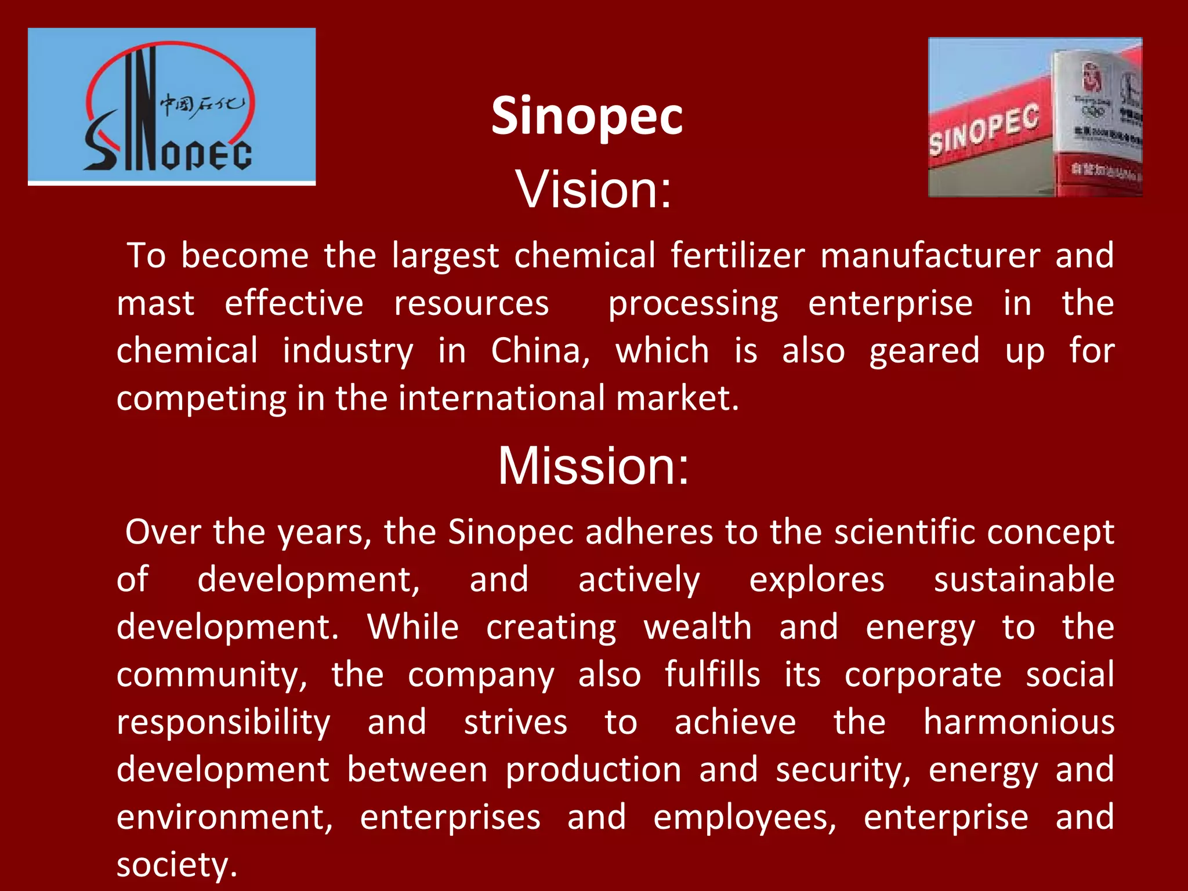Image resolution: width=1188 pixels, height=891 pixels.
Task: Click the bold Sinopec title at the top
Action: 586,116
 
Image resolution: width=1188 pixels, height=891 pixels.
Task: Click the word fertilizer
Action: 738,255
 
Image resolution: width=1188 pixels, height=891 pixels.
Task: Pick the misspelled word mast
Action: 155,303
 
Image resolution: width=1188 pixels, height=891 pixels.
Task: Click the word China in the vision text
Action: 539,351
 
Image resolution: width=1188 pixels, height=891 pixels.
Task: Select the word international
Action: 502,399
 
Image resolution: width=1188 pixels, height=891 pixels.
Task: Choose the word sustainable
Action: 1024,579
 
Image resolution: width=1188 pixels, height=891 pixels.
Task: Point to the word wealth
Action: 697,627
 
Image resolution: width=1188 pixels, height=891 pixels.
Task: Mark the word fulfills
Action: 712,675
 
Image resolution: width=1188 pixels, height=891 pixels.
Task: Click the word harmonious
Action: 1019,722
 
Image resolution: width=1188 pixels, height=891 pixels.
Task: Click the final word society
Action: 176,865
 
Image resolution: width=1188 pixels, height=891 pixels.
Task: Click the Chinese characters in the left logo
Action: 201,104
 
